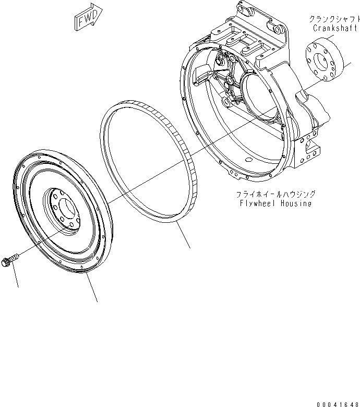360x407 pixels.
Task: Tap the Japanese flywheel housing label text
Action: (268, 194)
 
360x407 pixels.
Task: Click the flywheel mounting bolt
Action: (11, 259)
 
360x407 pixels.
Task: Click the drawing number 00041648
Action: (337, 403)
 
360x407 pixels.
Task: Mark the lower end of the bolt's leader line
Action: (18, 286)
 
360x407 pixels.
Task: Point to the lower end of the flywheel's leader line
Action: (97, 301)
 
